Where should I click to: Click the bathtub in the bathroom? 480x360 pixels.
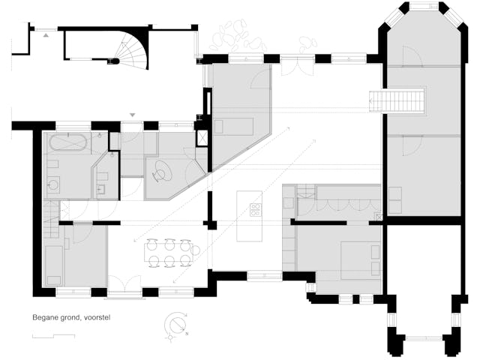point(67,142)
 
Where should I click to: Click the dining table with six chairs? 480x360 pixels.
point(169,253)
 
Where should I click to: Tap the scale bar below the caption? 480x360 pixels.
point(53,336)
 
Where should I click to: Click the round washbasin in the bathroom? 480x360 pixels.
point(54,184)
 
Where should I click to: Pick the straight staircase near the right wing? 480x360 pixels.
point(397,101)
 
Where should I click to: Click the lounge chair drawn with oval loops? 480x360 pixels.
point(162,172)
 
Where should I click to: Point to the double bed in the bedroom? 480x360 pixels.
point(361,260)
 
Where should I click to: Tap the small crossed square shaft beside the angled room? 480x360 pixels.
point(202,137)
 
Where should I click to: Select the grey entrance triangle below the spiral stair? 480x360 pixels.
point(132,115)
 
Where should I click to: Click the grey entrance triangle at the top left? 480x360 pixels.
point(46,35)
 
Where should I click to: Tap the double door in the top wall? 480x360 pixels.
point(297,68)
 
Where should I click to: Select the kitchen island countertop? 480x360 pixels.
point(249,216)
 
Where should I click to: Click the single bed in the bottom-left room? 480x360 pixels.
point(54,265)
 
